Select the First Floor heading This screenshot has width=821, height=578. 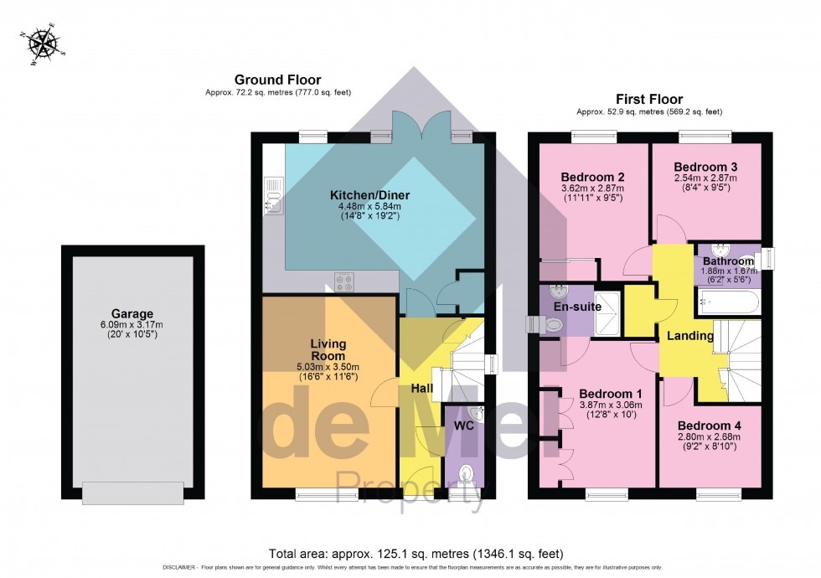pos(648,99)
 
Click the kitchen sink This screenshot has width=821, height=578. pos(273,196)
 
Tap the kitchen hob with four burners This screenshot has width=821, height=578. pos(344,283)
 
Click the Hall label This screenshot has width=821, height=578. pos(421,389)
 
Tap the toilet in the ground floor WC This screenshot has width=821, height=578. pos(467,476)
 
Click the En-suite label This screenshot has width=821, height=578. pos(573,307)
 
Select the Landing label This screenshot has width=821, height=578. pos(690,336)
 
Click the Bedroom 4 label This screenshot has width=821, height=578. pos(709,425)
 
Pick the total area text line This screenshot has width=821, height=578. pos(416,554)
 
